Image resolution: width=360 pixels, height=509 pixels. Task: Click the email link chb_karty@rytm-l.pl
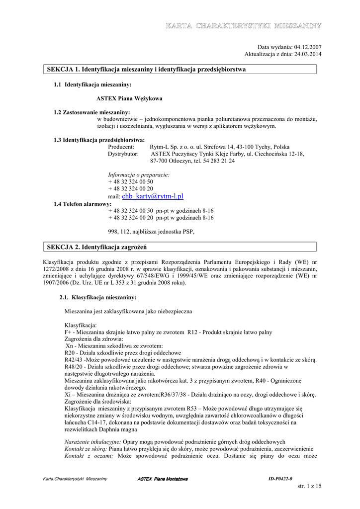156,196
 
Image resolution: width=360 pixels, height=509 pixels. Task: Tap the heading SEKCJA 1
63,69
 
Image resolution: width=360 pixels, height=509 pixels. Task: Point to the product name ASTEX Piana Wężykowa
129,98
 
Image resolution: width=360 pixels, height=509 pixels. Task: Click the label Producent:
121,147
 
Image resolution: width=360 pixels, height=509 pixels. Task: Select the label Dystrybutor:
123,154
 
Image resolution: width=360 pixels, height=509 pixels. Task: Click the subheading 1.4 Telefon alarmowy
83,204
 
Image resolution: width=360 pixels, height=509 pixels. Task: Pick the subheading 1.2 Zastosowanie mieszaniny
91,112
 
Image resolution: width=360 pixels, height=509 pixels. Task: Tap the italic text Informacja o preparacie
139,174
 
